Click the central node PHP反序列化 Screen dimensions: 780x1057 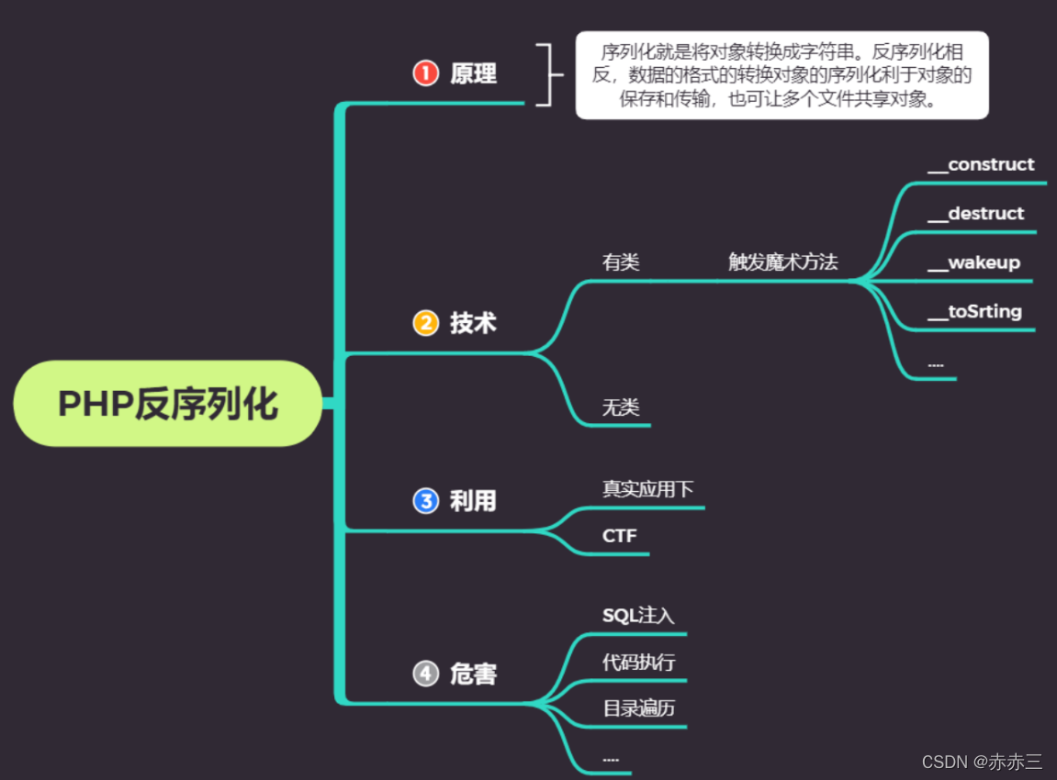[x=168, y=404]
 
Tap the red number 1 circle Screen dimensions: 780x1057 [x=426, y=73]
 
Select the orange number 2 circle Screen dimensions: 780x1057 [x=426, y=323]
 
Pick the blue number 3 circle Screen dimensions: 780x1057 [x=426, y=501]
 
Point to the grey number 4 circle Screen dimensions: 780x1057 [x=426, y=674]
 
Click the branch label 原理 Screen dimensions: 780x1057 [x=473, y=73]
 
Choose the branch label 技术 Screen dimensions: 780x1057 [x=473, y=323]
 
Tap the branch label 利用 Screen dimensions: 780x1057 [x=473, y=501]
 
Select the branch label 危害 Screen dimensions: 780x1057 [x=473, y=674]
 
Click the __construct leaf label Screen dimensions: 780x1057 [x=981, y=164]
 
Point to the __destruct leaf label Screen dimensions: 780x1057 [x=975, y=214]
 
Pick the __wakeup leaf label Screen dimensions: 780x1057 [x=973, y=262]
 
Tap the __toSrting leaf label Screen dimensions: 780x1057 [x=974, y=312]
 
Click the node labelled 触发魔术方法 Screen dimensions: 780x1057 [x=783, y=262]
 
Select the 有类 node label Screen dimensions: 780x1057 [x=621, y=262]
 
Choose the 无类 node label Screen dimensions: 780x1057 [x=621, y=407]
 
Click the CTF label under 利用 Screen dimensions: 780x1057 [x=620, y=536]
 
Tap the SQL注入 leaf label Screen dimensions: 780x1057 [x=638, y=616]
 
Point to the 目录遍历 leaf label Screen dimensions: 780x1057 [x=639, y=708]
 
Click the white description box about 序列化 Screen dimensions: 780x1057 [x=782, y=75]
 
